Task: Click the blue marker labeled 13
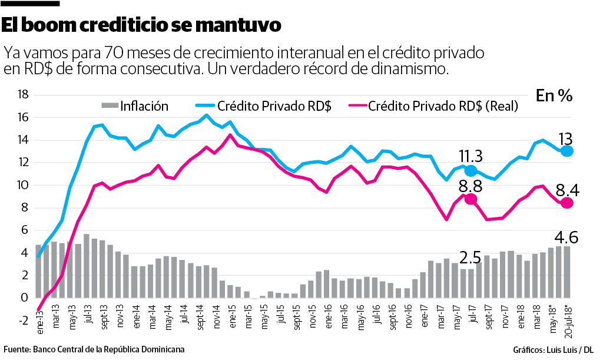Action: click(567, 151)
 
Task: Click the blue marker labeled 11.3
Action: click(471, 171)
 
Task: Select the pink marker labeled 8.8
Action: click(471, 199)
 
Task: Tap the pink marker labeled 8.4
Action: click(567, 203)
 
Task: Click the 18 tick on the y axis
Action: click(23, 95)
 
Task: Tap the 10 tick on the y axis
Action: click(23, 185)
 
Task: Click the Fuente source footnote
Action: click(94, 349)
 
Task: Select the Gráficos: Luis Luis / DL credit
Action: click(552, 349)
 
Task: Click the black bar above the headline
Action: click(30, 4)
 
